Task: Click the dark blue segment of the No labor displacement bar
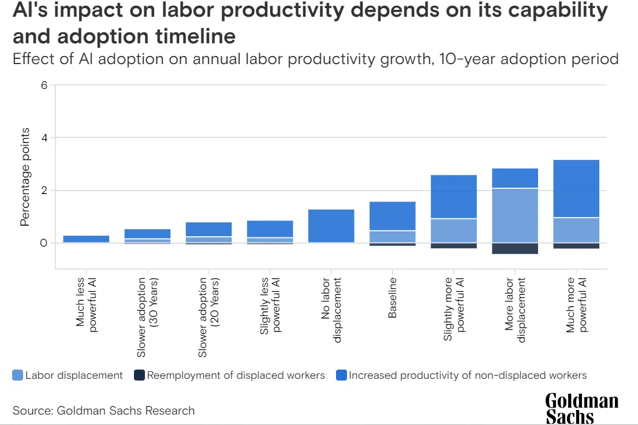click(x=331, y=226)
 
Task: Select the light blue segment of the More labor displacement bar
click(x=515, y=215)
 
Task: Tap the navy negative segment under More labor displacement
click(x=515, y=248)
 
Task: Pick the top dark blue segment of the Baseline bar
click(x=393, y=216)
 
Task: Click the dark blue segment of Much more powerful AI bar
click(x=576, y=188)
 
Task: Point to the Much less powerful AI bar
click(x=86, y=238)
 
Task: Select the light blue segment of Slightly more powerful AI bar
click(x=454, y=230)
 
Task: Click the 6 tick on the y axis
click(x=43, y=85)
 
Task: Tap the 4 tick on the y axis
click(x=43, y=138)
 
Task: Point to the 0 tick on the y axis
click(x=43, y=243)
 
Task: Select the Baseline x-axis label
click(x=393, y=297)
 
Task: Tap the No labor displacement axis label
click(x=331, y=310)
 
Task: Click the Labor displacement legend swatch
click(x=17, y=375)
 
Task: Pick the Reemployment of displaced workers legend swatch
click(x=139, y=375)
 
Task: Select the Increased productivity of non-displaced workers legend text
click(x=468, y=375)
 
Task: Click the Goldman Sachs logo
click(x=581, y=408)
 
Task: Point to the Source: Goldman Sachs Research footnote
click(x=104, y=411)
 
